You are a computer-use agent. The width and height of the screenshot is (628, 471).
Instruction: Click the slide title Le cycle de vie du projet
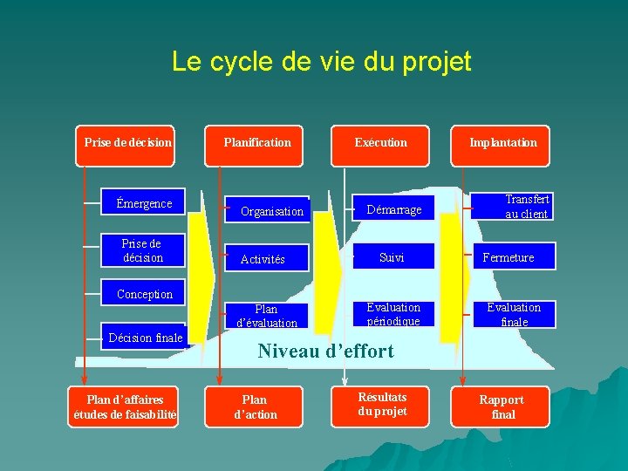[321, 62]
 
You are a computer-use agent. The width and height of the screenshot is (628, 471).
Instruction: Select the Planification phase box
[257, 143]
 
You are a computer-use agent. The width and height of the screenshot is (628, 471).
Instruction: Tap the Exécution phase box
[380, 143]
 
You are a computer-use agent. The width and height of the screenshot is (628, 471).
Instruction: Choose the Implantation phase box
[503, 143]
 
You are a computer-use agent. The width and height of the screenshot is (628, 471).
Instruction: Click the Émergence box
[144, 204]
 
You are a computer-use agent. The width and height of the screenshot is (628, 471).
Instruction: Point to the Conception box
[145, 294]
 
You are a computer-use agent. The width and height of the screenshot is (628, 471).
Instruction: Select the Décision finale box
[145, 338]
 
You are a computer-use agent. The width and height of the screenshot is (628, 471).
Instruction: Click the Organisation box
[272, 211]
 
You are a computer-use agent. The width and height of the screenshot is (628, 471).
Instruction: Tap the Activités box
[263, 259]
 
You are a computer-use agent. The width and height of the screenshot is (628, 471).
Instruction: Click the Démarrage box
[393, 209]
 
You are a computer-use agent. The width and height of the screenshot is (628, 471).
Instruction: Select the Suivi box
[392, 257]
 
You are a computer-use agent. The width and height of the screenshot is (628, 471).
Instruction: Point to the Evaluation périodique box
[393, 314]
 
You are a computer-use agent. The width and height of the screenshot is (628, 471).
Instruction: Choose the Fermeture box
[509, 257]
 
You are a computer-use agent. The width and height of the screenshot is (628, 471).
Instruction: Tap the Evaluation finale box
[514, 314]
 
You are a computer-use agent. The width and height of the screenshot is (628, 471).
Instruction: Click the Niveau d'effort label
[325, 352]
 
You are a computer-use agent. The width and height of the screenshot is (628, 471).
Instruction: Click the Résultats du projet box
[382, 405]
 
